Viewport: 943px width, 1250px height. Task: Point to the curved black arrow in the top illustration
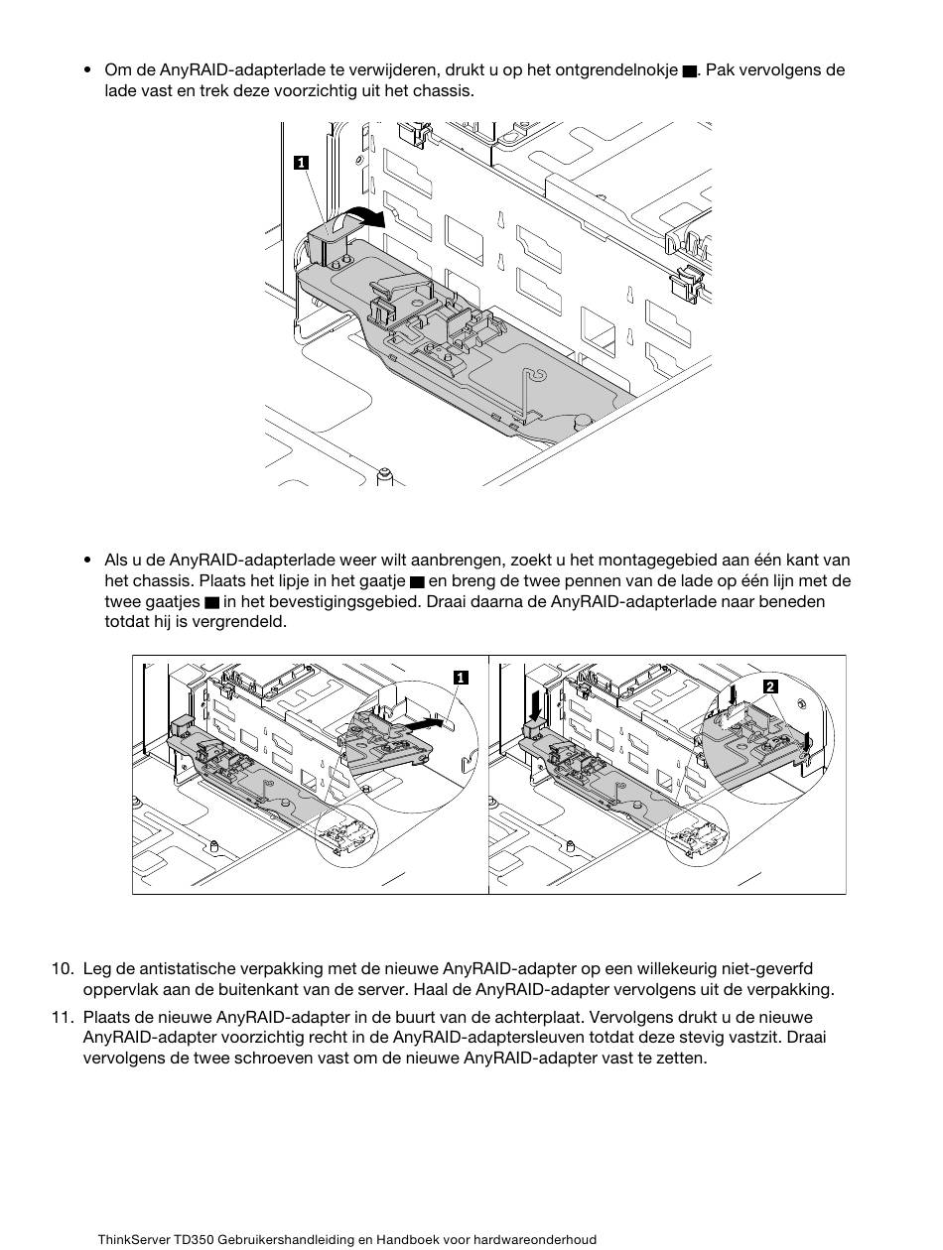[x=357, y=215]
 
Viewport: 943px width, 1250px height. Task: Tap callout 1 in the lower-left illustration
[x=461, y=678]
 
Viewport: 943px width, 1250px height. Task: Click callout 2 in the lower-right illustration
[x=770, y=687]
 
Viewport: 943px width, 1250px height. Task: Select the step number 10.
[x=63, y=968]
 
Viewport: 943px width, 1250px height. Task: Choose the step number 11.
[x=63, y=1017]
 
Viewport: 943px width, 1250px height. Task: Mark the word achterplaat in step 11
[x=454, y=1017]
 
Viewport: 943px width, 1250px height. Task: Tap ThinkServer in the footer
[x=134, y=1240]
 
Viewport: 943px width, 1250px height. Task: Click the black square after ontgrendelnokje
[x=689, y=72]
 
